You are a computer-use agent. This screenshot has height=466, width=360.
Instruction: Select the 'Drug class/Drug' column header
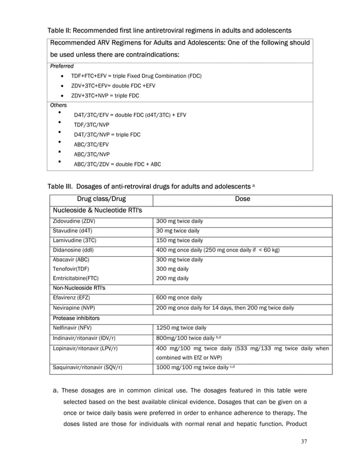(x=102, y=199)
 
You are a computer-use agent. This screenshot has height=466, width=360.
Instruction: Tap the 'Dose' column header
(x=243, y=199)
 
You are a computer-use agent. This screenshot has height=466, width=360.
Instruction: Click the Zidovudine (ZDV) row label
(x=73, y=221)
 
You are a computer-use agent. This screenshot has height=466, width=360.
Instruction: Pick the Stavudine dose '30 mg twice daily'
(x=178, y=230)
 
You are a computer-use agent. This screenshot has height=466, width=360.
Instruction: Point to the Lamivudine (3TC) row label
(x=73, y=240)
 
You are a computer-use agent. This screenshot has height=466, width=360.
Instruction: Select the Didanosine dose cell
(x=218, y=249)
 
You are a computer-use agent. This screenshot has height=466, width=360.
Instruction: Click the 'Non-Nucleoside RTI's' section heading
(x=80, y=288)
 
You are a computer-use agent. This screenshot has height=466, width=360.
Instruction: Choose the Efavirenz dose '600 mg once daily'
(x=179, y=297)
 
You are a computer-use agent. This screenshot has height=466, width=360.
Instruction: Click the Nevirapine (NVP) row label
(x=73, y=307)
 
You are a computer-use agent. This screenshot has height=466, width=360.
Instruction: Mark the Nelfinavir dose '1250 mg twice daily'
(x=181, y=327)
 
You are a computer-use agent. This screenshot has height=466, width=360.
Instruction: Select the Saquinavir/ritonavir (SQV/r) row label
(x=87, y=367)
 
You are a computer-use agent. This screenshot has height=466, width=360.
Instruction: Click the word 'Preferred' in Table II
(x=62, y=66)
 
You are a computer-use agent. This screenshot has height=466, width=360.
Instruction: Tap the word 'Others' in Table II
(x=59, y=105)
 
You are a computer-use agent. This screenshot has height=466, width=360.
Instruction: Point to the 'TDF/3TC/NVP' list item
(x=92, y=125)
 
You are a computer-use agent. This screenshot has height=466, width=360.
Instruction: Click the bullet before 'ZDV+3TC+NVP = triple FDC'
(x=61, y=95)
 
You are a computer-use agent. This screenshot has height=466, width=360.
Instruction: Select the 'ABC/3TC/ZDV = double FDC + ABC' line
(x=117, y=164)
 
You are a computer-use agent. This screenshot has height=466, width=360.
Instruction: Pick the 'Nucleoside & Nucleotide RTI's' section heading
(x=97, y=210)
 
